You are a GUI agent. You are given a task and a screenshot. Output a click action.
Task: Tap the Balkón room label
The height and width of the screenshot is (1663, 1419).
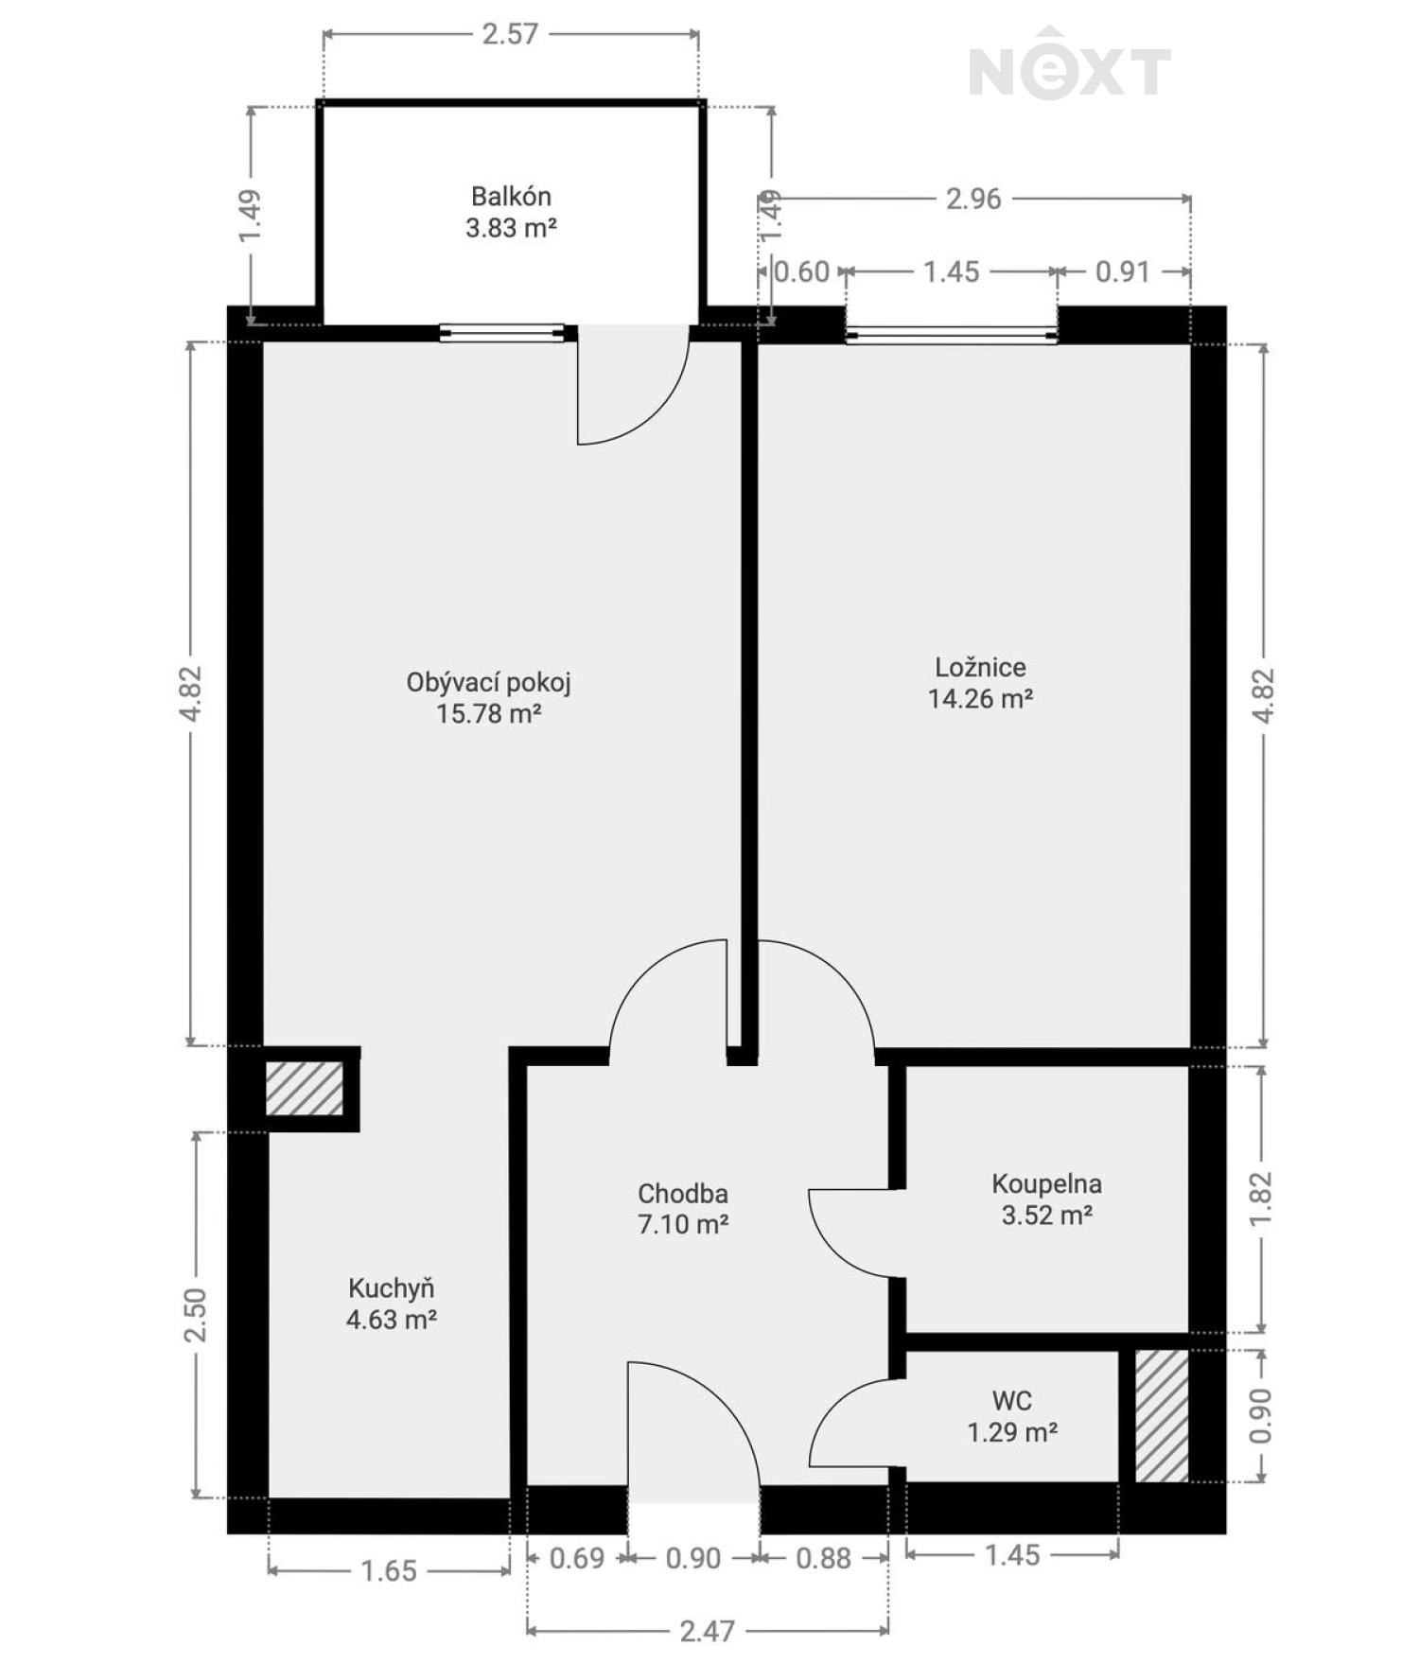coord(511,197)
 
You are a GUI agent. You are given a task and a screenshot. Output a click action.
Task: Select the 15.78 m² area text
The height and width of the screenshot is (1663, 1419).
coord(488,714)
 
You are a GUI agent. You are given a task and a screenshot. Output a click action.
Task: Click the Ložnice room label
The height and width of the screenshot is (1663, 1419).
coord(980,668)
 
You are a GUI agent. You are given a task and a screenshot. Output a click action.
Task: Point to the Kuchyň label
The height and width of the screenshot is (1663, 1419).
coord(392,1288)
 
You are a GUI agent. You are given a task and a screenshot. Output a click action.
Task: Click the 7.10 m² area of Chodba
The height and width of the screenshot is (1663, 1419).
coord(683,1225)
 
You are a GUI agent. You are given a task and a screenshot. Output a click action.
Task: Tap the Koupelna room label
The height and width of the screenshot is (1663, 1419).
coord(1046,1184)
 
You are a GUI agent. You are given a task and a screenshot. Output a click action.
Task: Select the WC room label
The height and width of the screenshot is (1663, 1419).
coord(1011,1401)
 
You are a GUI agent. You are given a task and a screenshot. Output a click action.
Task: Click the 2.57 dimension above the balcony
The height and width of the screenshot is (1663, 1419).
coord(510,35)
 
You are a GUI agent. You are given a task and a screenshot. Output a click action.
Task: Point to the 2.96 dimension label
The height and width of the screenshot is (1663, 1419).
coord(973,200)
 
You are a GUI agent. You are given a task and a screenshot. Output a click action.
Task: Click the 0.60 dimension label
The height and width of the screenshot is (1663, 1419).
coord(802,272)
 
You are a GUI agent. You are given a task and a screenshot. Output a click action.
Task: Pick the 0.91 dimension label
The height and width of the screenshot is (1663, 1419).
coord(1122,272)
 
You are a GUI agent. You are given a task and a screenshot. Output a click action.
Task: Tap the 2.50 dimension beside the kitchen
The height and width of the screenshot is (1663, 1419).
coord(196,1315)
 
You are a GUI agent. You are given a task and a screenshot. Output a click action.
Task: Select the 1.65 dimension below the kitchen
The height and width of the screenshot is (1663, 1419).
coord(389,1571)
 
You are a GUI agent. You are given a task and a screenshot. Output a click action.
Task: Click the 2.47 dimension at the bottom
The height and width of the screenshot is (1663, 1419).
coord(707,1631)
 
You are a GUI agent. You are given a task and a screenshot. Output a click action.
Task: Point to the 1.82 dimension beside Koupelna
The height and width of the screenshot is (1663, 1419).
coord(1262,1199)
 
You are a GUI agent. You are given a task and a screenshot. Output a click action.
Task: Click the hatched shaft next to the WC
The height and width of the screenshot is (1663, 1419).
coord(1162,1416)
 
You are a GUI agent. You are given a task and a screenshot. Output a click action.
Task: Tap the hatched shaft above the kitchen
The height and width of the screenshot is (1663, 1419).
coord(304,1089)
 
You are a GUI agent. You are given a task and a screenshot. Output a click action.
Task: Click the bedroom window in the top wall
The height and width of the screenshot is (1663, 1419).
coord(952,334)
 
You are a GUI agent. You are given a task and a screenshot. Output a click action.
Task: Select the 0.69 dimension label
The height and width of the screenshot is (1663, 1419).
coord(577,1558)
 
